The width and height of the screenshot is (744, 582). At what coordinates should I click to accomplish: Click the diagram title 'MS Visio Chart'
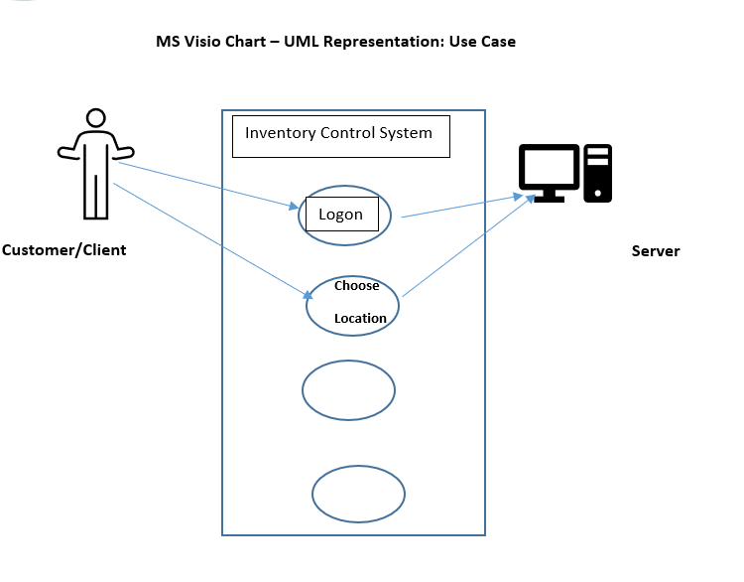click(210, 42)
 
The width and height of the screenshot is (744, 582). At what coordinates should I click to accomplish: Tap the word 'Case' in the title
click(499, 42)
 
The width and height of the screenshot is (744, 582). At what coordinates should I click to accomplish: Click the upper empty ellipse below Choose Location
click(349, 361)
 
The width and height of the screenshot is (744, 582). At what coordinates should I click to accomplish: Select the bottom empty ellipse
click(359, 466)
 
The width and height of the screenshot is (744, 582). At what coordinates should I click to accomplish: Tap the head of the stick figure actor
click(96, 110)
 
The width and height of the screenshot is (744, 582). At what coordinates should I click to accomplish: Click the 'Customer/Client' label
click(64, 250)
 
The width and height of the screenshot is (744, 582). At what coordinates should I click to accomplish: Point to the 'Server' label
click(656, 251)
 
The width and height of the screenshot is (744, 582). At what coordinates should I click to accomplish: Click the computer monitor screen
click(549, 167)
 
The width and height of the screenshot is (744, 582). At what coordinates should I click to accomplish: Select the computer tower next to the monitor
click(598, 174)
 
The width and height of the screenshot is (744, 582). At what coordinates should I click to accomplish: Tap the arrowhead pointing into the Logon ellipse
click(295, 207)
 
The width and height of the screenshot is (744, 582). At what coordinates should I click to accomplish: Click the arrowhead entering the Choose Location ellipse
click(308, 295)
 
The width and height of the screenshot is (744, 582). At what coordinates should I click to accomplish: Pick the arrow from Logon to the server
click(461, 207)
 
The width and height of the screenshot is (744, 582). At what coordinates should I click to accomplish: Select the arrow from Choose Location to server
click(469, 245)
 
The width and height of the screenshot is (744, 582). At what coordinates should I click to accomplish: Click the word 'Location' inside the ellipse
click(360, 319)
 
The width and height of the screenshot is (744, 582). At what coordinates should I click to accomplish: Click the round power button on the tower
click(598, 193)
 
